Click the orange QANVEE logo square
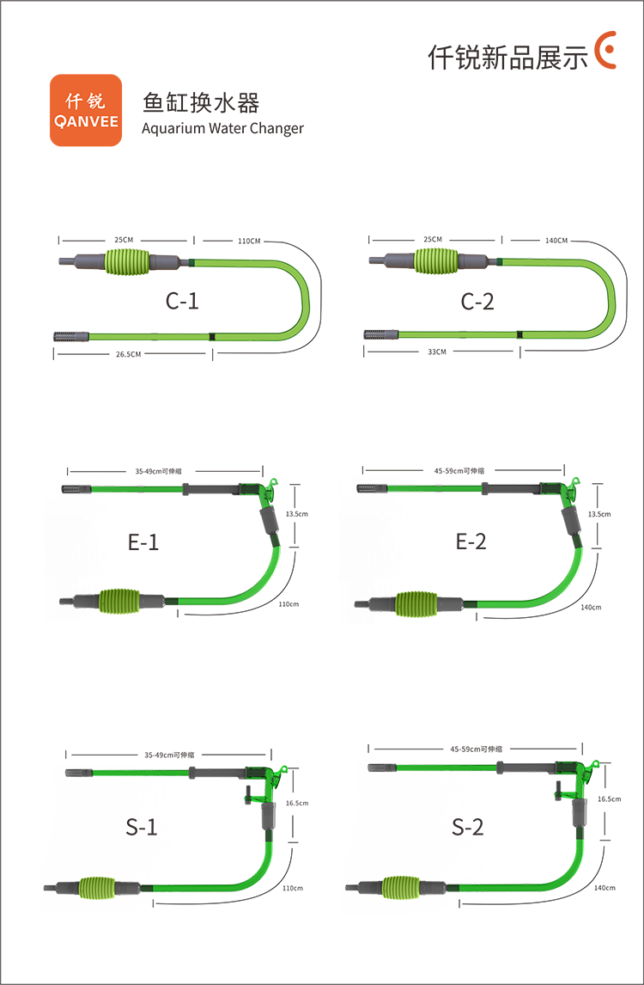(86, 111)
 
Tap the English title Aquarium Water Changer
(223, 128)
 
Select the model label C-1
(182, 301)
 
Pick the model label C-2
(477, 302)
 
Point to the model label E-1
(143, 541)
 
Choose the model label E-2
(471, 541)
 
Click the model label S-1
(141, 827)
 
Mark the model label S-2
(468, 827)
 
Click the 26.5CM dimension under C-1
(128, 354)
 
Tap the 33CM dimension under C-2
(437, 352)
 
